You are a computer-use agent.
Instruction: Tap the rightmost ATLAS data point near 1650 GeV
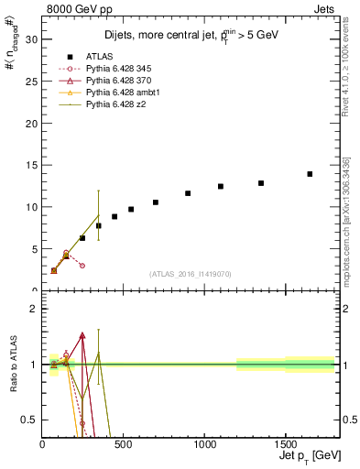point(310,174)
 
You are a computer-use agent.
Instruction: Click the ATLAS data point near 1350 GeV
point(261,183)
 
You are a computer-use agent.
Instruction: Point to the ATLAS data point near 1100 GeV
point(221,187)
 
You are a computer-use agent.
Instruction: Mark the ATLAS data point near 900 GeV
point(188,193)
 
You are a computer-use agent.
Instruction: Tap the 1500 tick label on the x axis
point(284,446)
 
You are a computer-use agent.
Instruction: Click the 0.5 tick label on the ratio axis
point(29,420)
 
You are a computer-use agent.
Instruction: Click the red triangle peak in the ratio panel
point(82,335)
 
